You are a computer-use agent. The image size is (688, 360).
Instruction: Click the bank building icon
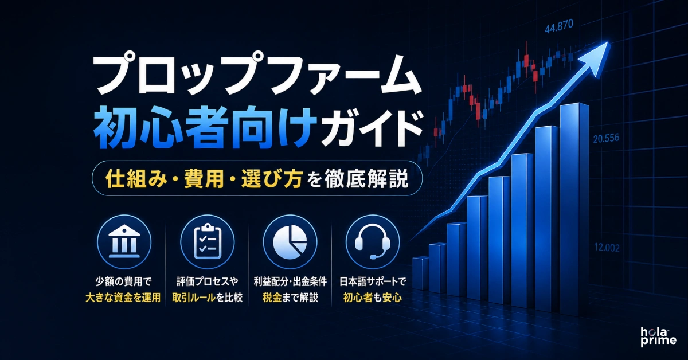pyautogui.click(x=124, y=241)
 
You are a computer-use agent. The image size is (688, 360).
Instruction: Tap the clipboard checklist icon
pyautogui.click(x=208, y=242)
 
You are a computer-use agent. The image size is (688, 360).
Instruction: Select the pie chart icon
pyautogui.click(x=290, y=242)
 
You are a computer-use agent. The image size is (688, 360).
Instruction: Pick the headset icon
pyautogui.click(x=373, y=242)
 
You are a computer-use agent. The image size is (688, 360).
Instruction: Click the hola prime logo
pyautogui.click(x=658, y=337)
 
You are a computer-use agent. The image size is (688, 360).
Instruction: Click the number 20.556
pyautogui.click(x=606, y=139)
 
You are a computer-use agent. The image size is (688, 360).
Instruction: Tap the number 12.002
pyautogui.click(x=607, y=248)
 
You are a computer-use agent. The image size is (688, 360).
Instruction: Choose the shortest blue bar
pyautogui.click(x=420, y=273)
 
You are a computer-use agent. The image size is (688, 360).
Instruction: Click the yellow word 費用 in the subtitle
pyautogui.click(x=204, y=178)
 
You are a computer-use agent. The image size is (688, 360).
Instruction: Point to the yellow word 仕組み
pyautogui.click(x=134, y=178)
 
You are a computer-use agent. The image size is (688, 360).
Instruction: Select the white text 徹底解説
pyautogui.click(x=368, y=178)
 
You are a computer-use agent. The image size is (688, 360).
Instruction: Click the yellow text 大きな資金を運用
pyautogui.click(x=123, y=298)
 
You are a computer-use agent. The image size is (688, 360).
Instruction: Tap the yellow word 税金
pyautogui.click(x=272, y=298)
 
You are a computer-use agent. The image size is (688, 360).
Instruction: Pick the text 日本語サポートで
pyautogui.click(x=373, y=281)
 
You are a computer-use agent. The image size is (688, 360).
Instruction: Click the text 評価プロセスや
pyautogui.click(x=208, y=281)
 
